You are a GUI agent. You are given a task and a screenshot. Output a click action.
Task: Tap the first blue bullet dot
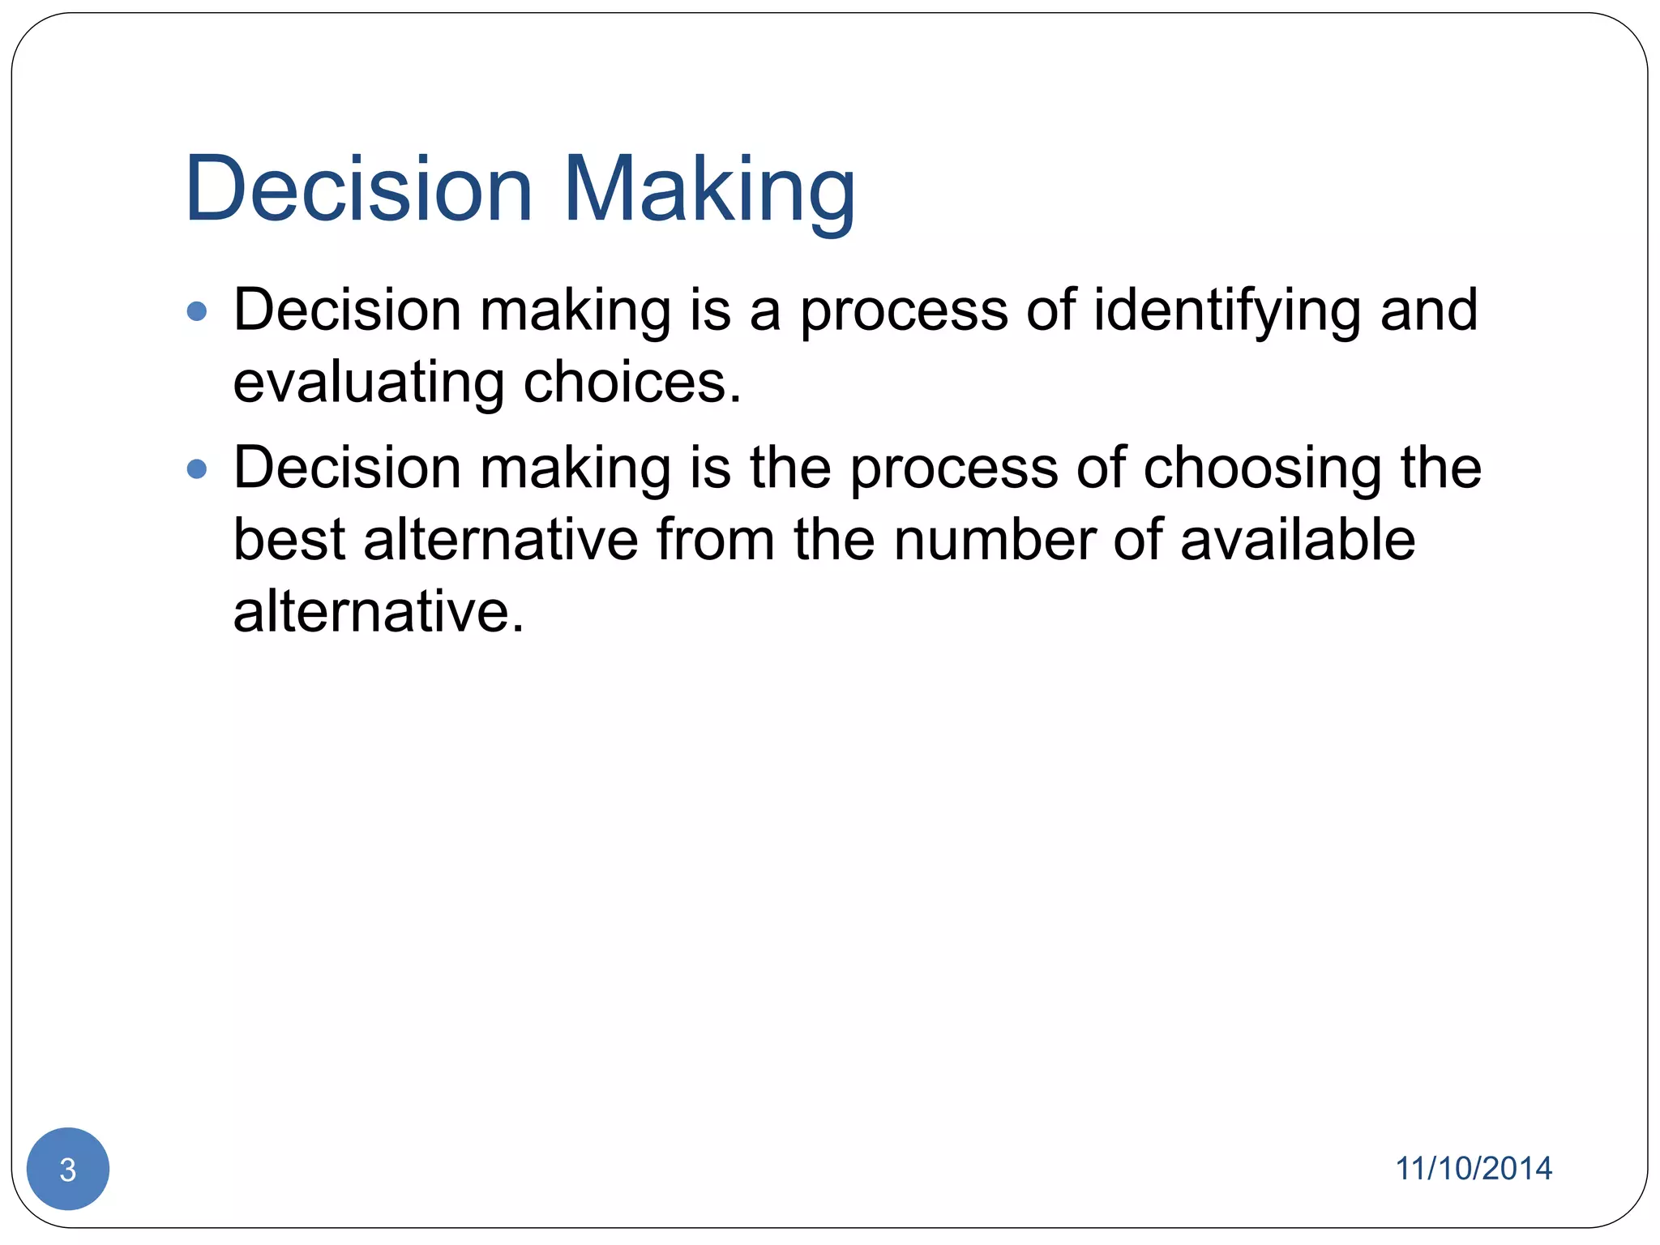(197, 311)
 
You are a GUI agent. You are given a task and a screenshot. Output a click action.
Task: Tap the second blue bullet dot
(197, 468)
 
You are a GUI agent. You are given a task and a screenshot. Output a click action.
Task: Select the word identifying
(1227, 312)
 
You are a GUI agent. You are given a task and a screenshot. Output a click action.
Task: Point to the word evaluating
(369, 383)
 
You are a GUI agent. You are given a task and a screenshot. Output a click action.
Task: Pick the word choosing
(1262, 470)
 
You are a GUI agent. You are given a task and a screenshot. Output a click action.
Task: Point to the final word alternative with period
(379, 611)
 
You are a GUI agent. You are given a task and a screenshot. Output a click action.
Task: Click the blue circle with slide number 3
(68, 1169)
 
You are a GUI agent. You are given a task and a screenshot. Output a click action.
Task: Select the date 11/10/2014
(1473, 1168)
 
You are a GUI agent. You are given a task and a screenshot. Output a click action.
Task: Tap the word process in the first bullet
(904, 312)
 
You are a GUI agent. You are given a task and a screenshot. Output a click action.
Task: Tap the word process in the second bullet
(954, 470)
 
